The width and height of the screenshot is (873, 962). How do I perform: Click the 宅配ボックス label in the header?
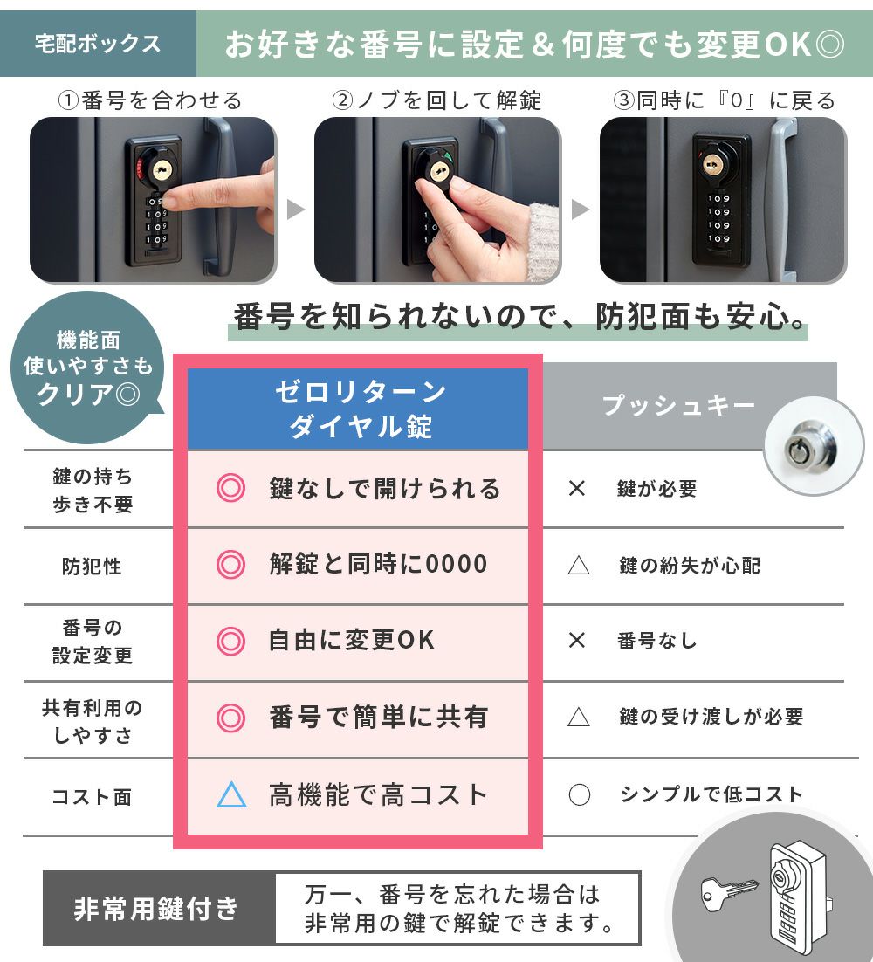pyautogui.click(x=98, y=45)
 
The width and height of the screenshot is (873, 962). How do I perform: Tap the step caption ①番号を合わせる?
pyautogui.click(x=150, y=100)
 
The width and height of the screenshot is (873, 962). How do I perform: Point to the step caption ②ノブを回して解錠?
pyautogui.click(x=436, y=100)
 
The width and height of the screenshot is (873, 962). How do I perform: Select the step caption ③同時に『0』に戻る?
pyautogui.click(x=725, y=100)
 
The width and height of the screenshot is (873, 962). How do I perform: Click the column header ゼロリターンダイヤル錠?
pyautogui.click(x=360, y=409)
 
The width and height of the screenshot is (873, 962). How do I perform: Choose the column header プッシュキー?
pyautogui.click(x=678, y=406)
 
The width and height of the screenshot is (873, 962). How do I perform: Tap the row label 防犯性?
pyautogui.click(x=92, y=566)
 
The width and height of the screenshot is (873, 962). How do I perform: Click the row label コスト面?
pyautogui.click(x=92, y=797)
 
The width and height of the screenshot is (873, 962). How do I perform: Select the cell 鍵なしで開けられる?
pyautogui.click(x=385, y=489)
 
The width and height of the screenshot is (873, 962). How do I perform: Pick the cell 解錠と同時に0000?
pyautogui.click(x=378, y=564)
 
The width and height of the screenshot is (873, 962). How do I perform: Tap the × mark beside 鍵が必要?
pyautogui.click(x=577, y=488)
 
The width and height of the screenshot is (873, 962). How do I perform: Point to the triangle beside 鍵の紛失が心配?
pyautogui.click(x=579, y=565)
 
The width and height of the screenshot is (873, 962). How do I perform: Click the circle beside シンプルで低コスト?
pyautogui.click(x=579, y=794)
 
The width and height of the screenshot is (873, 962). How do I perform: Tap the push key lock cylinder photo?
pyautogui.click(x=814, y=446)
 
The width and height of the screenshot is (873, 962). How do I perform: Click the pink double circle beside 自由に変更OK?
pyautogui.click(x=230, y=641)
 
